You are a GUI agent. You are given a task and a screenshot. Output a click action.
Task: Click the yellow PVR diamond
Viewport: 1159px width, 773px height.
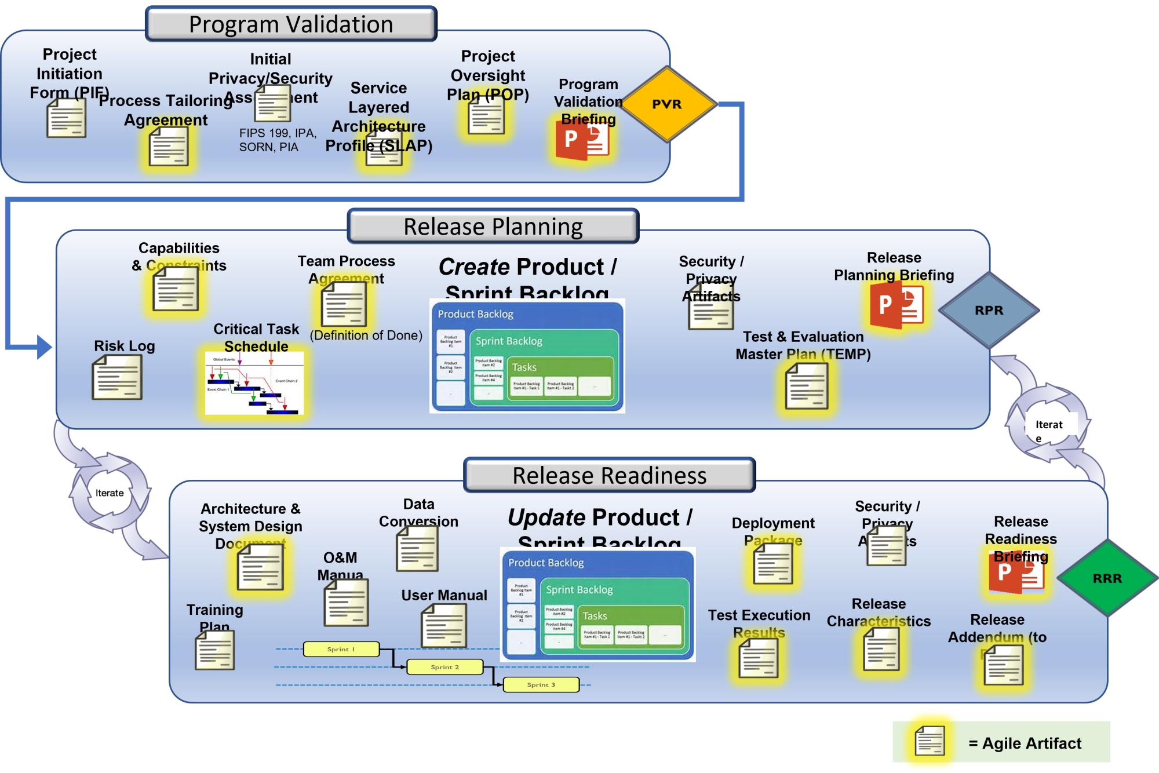(x=668, y=104)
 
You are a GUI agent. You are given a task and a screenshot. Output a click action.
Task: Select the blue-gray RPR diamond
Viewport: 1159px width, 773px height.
(x=989, y=310)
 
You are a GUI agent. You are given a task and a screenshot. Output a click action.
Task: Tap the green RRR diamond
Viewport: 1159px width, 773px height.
(x=1107, y=578)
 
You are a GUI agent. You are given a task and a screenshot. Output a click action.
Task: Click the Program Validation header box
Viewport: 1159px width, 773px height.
(x=291, y=24)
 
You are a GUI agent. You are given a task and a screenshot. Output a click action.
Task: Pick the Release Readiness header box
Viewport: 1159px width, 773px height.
(x=610, y=475)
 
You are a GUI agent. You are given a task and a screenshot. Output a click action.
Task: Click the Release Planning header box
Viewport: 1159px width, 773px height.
(x=493, y=226)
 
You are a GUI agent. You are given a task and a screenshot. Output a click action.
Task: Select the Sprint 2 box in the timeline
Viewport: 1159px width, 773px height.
(x=444, y=667)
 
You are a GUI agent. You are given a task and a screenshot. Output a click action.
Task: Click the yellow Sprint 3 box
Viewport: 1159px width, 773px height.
(x=541, y=684)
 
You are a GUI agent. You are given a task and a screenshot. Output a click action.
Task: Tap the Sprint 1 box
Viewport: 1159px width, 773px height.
(x=341, y=649)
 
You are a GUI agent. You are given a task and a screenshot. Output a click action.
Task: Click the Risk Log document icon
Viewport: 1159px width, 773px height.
(x=117, y=377)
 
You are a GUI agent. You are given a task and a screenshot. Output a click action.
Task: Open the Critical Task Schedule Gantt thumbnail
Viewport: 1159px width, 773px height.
(x=254, y=383)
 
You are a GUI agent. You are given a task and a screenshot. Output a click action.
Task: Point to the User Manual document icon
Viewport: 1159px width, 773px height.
(x=444, y=626)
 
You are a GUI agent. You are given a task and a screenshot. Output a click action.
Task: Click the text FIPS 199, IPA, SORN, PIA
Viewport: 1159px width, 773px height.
(x=278, y=140)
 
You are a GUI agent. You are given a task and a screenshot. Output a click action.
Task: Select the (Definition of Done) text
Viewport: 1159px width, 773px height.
(x=366, y=336)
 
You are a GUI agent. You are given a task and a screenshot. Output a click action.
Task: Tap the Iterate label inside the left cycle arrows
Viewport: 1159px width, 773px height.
(x=110, y=493)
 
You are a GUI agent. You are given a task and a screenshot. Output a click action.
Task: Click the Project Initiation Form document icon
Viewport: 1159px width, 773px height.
(x=67, y=118)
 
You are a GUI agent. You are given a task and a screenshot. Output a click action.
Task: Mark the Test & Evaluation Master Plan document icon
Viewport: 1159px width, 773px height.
(x=807, y=388)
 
